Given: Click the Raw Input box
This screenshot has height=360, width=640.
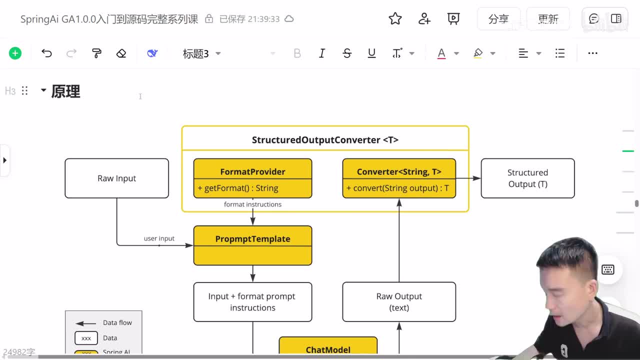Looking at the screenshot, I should point(116,178).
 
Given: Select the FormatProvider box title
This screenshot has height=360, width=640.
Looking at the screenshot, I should point(252,171).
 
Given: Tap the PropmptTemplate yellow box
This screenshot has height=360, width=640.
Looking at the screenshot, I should point(252,245).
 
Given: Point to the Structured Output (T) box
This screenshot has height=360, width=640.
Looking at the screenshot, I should point(527,178).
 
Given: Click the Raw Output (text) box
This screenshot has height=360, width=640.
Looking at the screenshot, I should point(398,302).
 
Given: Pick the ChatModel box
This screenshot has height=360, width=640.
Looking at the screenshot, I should point(328,349).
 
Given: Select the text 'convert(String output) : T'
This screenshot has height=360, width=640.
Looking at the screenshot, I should point(400,188).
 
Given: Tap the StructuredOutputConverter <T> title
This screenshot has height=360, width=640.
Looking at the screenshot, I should point(325,140).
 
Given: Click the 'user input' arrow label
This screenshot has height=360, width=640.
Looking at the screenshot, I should point(159,238).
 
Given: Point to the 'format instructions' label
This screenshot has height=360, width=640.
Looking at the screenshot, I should point(252,204).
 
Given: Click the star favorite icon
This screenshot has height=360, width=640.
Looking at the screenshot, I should point(395,19).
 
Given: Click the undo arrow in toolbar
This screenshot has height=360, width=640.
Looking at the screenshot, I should point(46,53).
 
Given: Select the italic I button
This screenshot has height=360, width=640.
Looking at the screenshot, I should point(322,53).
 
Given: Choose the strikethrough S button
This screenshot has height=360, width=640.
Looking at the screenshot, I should point(347,53).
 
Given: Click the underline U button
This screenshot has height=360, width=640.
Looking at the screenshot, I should point(371,53).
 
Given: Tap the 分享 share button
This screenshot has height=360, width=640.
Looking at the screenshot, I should point(498,19).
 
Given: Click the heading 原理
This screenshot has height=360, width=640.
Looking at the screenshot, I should point(65,91).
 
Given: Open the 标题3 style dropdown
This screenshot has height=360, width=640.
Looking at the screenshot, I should point(201,53).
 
